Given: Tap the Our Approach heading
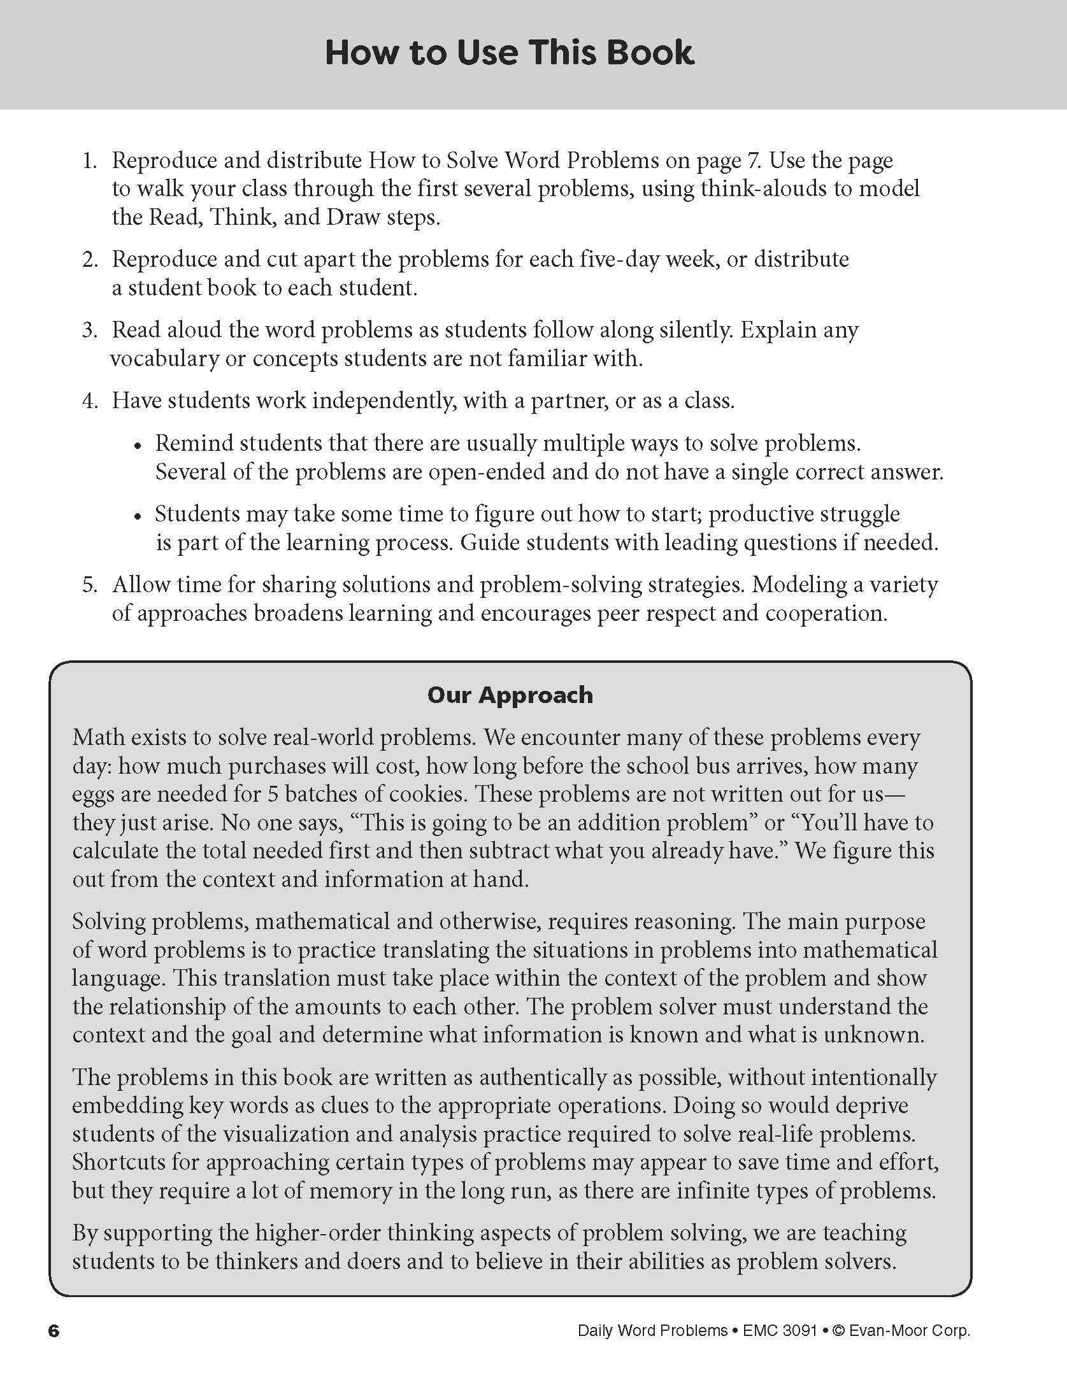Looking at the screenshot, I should pyautogui.click(x=510, y=695).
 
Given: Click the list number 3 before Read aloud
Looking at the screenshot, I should pyautogui.click(x=89, y=330).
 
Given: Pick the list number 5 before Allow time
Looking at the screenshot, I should pyautogui.click(x=89, y=585).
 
